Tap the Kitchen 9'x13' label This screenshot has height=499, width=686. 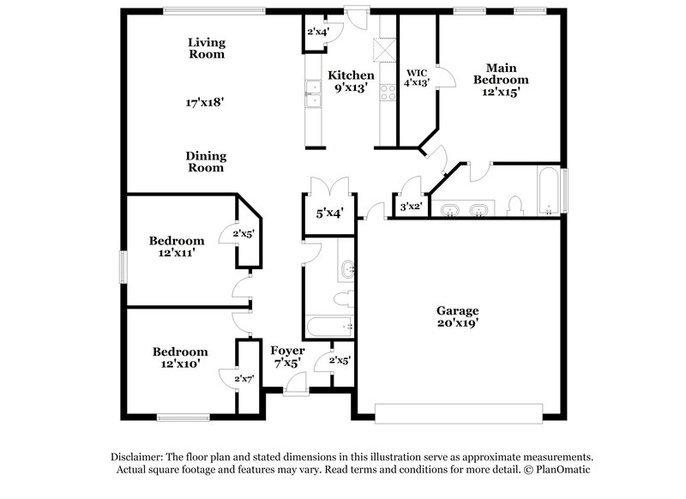click(x=353, y=81)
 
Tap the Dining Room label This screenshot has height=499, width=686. click(x=206, y=161)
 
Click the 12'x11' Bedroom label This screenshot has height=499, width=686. click(x=176, y=247)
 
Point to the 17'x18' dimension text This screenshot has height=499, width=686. click(x=206, y=102)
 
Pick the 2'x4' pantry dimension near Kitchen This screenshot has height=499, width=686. click(x=322, y=33)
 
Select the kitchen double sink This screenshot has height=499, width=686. click(x=312, y=94)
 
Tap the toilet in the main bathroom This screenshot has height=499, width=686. click(x=515, y=206)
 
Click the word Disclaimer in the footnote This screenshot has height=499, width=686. click(x=139, y=458)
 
